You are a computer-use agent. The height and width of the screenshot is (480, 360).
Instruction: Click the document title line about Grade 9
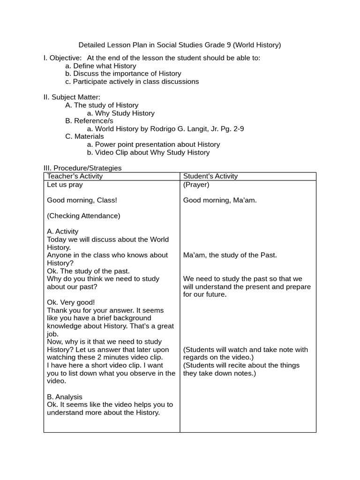click(180, 45)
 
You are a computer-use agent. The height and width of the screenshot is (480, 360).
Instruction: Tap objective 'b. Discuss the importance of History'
click(123, 74)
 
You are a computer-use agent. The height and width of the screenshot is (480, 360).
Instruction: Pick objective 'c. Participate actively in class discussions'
click(132, 82)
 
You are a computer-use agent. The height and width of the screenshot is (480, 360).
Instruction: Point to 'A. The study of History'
click(102, 105)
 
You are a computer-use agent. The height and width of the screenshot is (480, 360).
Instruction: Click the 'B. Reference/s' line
click(89, 121)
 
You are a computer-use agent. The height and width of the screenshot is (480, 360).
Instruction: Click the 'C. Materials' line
click(84, 136)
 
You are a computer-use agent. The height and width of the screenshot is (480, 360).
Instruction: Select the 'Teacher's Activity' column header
click(75, 176)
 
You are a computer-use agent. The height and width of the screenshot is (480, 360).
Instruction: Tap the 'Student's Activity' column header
click(210, 176)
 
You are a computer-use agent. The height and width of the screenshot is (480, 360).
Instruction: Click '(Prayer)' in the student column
click(196, 185)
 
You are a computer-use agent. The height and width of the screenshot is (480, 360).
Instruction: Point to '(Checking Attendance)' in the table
click(83, 216)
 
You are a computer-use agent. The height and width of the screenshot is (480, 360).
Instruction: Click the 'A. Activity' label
click(63, 232)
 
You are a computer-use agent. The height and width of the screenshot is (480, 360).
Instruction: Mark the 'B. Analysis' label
click(65, 397)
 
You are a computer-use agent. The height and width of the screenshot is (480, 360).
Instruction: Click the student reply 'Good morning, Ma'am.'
click(220, 200)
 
